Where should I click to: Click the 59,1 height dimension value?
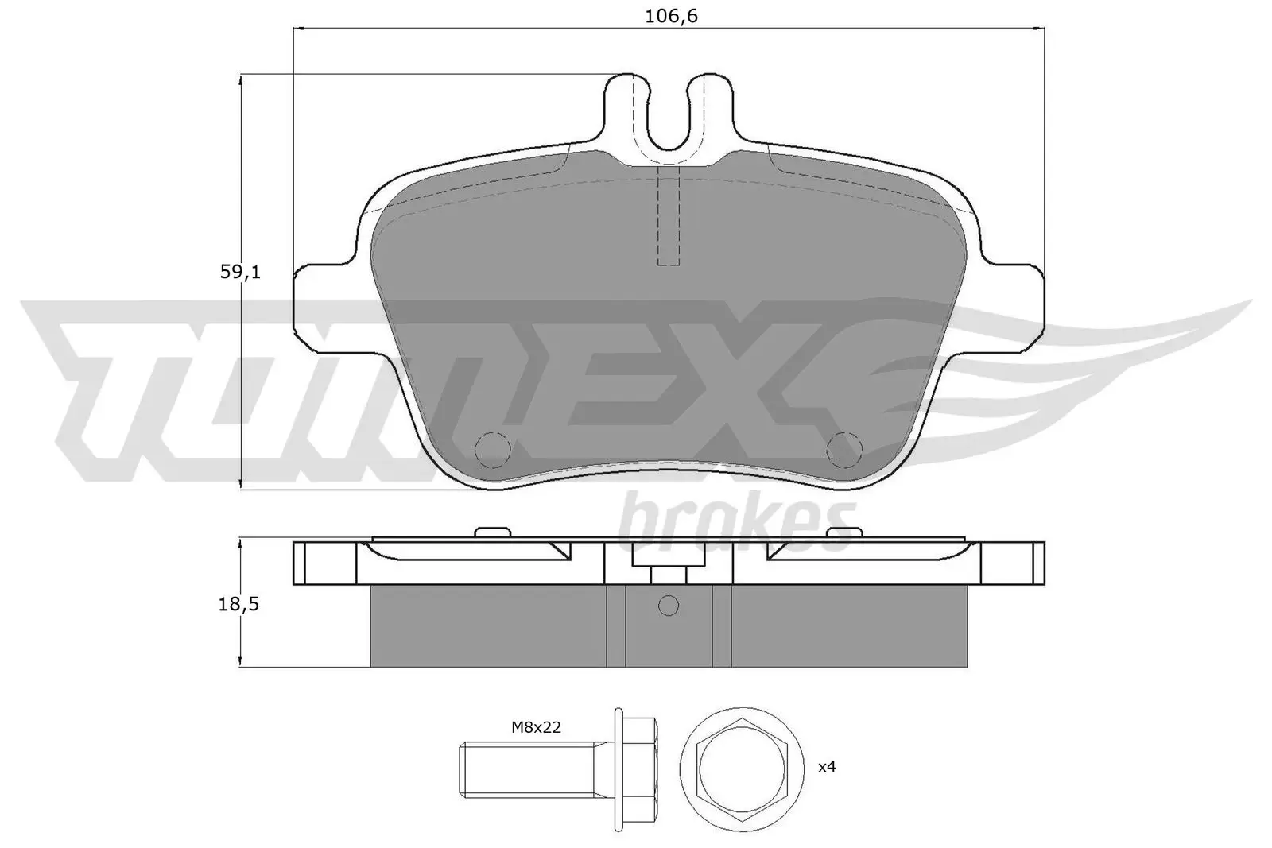(240, 272)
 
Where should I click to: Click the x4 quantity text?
(827, 767)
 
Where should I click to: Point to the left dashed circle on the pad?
(492, 450)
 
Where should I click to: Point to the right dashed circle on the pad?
(844, 450)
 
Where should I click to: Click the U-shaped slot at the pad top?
(668, 119)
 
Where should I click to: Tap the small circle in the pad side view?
(669, 606)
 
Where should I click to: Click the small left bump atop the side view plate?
(492, 532)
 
